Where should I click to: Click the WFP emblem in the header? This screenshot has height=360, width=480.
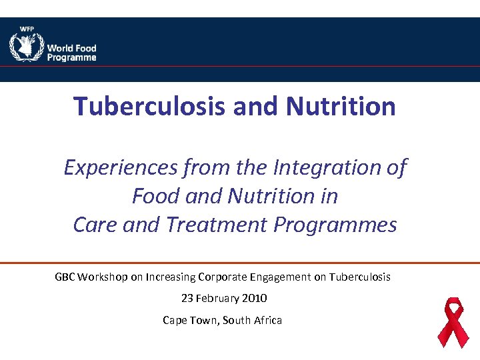26,45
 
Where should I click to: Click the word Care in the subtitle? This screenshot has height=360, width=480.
93,225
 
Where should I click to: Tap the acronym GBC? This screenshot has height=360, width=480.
65,277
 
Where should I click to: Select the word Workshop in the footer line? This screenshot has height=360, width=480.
101,277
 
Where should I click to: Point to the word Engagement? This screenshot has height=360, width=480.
278,277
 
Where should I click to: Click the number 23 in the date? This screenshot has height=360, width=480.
187,298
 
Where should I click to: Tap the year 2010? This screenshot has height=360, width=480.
256,298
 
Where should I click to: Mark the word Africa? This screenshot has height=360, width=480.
267,320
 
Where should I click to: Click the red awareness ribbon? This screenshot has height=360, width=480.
453,322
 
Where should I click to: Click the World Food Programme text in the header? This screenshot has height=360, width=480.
71,53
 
